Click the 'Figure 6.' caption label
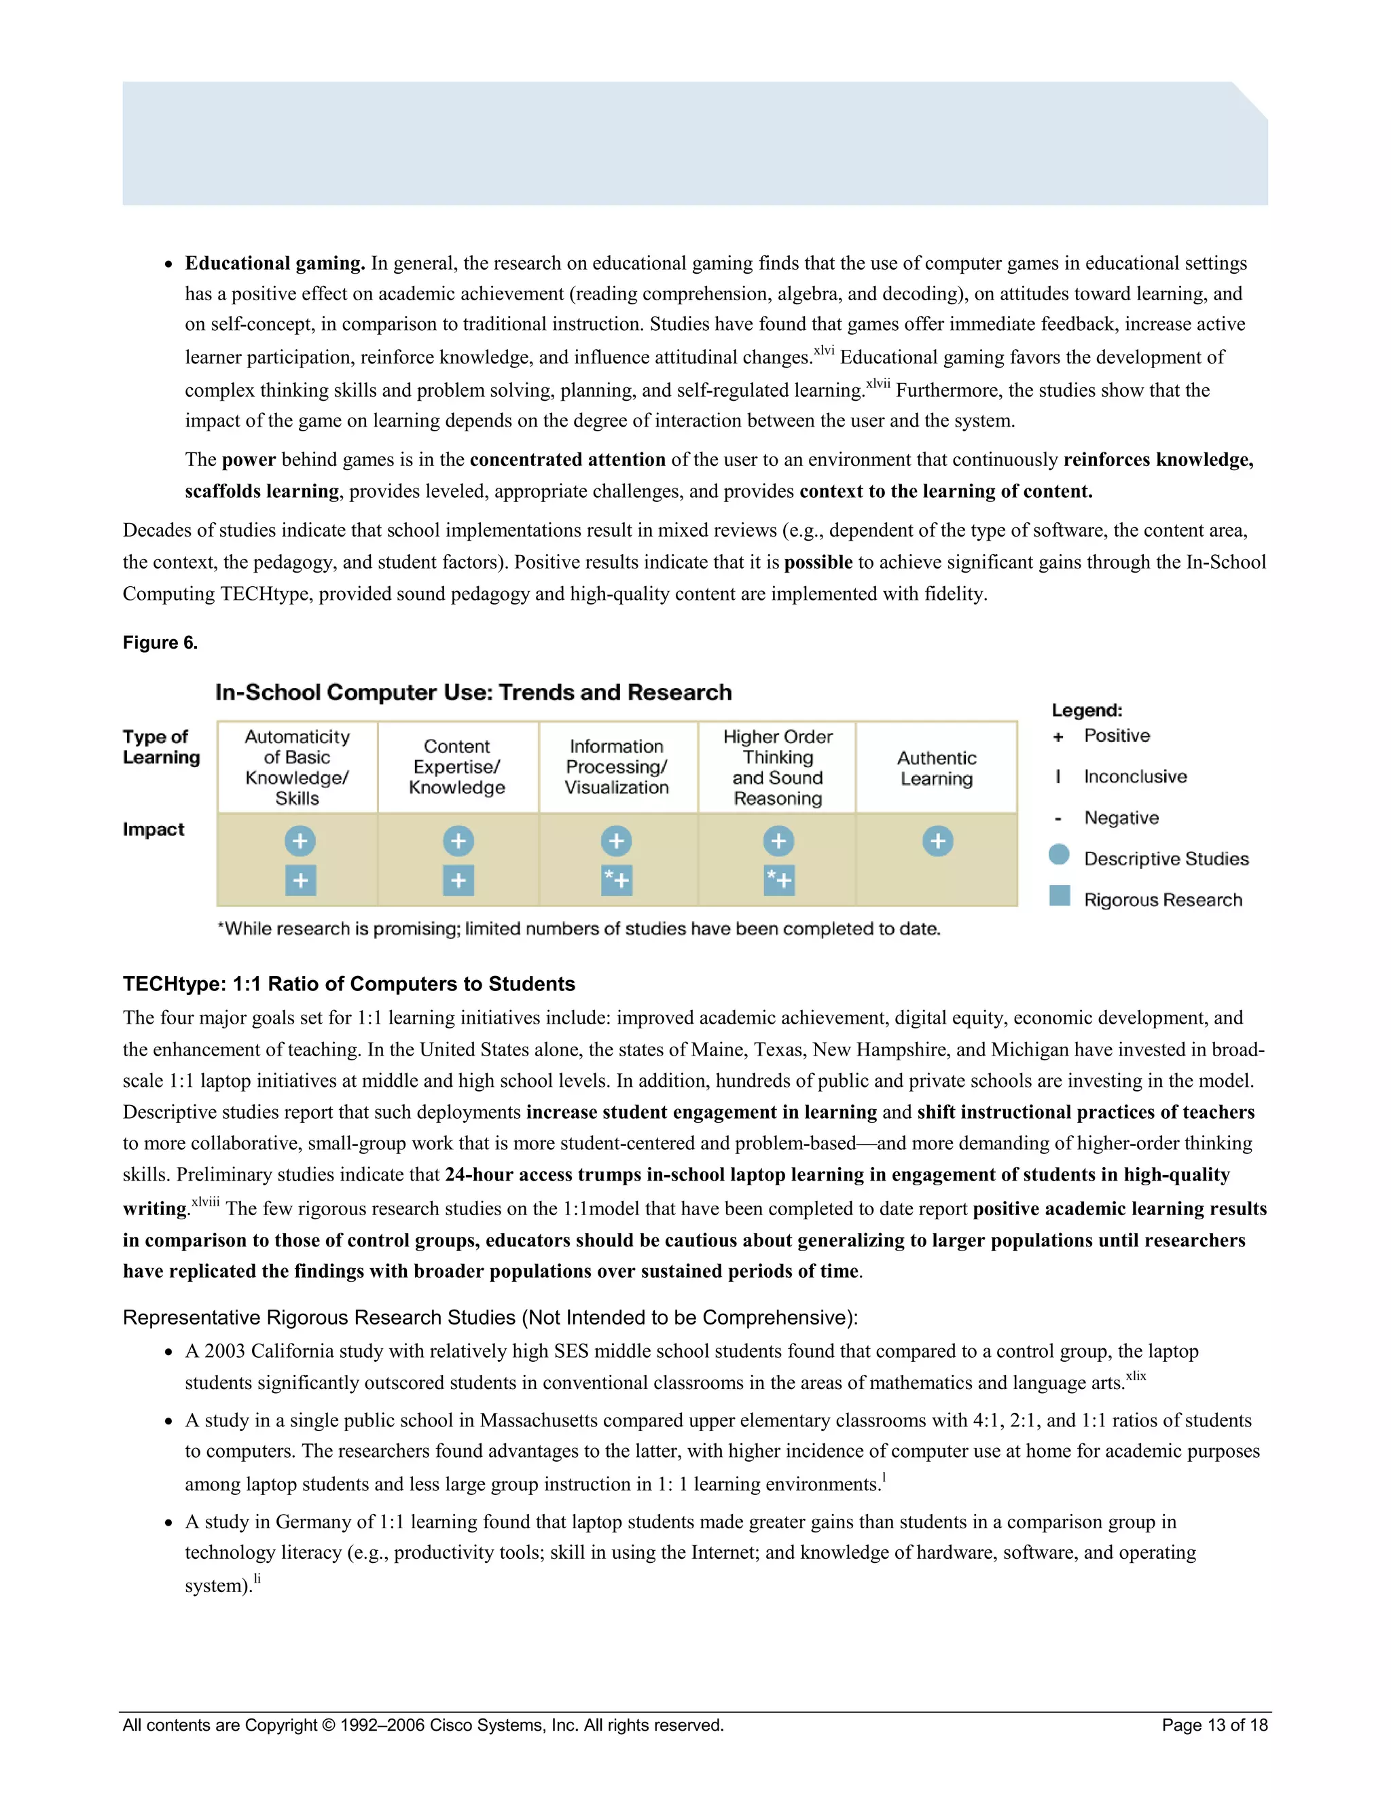pyautogui.click(x=160, y=643)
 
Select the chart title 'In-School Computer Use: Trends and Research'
pyautogui.click(x=473, y=692)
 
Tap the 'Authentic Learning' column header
pyautogui.click(x=936, y=768)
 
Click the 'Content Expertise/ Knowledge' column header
pyautogui.click(x=456, y=766)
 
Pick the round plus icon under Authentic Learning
pyautogui.click(x=937, y=841)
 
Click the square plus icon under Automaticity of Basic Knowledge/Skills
pyautogui.click(x=300, y=880)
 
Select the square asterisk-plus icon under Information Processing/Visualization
pyautogui.click(x=617, y=880)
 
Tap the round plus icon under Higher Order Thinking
pyautogui.click(x=778, y=841)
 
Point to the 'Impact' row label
pyautogui.click(x=153, y=829)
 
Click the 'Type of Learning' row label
pyautogui.click(x=161, y=746)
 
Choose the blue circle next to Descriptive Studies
pyautogui.click(x=1059, y=854)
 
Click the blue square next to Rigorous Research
pyautogui.click(x=1059, y=896)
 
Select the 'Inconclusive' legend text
pyautogui.click(x=1135, y=776)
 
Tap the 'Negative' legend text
pyautogui.click(x=1121, y=818)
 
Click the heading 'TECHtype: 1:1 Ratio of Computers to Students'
pyautogui.click(x=348, y=984)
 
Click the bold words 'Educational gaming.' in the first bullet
pyautogui.click(x=274, y=264)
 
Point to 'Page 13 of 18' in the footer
pyautogui.click(x=1214, y=1725)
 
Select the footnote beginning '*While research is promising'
pyautogui.click(x=579, y=929)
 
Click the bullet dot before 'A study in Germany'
pyautogui.click(x=168, y=1523)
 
